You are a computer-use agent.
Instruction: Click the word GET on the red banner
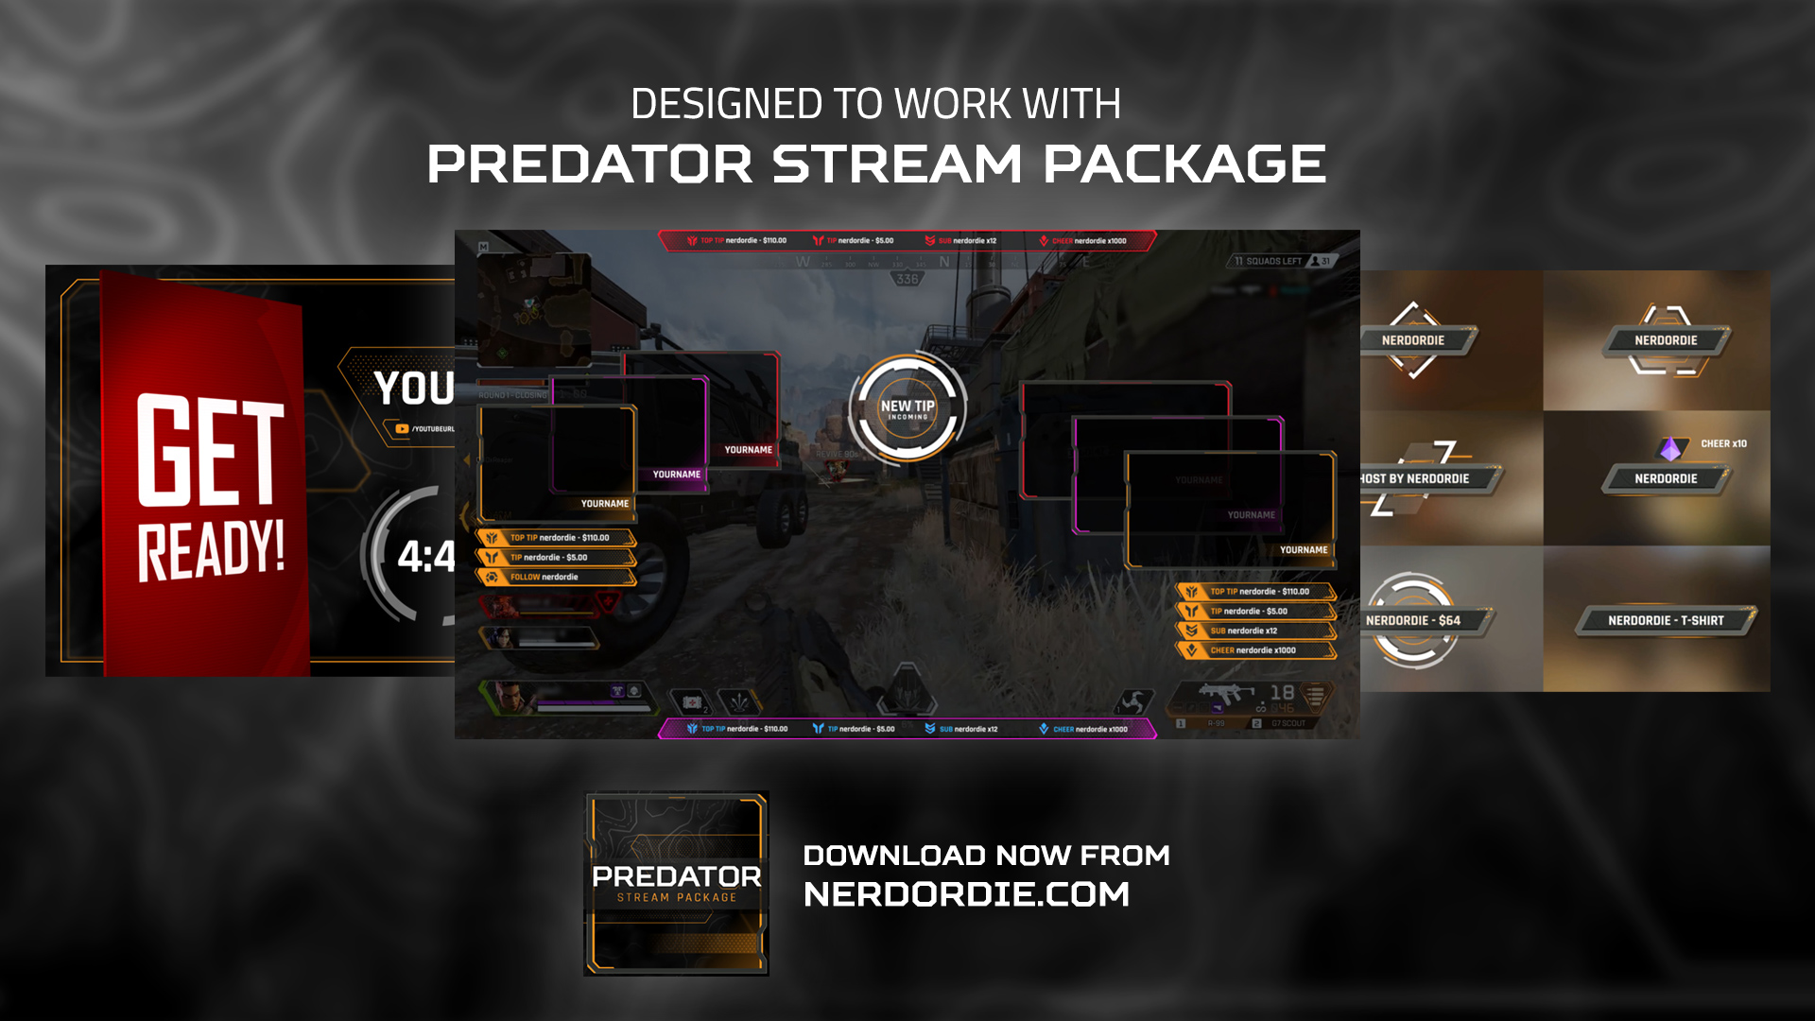tap(210, 450)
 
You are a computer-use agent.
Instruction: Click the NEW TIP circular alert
tap(907, 408)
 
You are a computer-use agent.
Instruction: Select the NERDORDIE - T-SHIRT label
tap(1666, 620)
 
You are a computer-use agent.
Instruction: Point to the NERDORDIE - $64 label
tap(1413, 620)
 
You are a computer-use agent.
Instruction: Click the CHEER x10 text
tap(1723, 443)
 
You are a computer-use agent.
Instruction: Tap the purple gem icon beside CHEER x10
tap(1671, 448)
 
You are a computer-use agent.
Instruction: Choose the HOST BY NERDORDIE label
tap(1415, 478)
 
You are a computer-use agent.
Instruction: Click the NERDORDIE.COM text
tap(966, 894)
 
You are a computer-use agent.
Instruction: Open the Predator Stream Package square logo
tap(676, 883)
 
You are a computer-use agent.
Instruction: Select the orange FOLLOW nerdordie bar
tap(556, 577)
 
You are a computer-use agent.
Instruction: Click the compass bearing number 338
tap(907, 279)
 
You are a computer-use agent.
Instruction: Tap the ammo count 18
tap(1282, 692)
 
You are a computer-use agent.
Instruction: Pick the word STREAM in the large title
tap(896, 164)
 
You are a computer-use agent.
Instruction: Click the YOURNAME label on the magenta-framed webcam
tap(677, 475)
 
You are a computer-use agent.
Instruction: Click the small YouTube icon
tap(402, 429)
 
